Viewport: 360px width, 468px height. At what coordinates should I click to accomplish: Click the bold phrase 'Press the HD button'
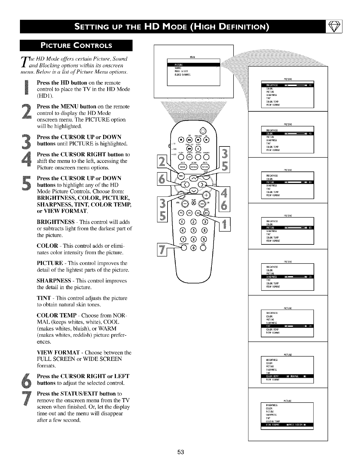[62, 82]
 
